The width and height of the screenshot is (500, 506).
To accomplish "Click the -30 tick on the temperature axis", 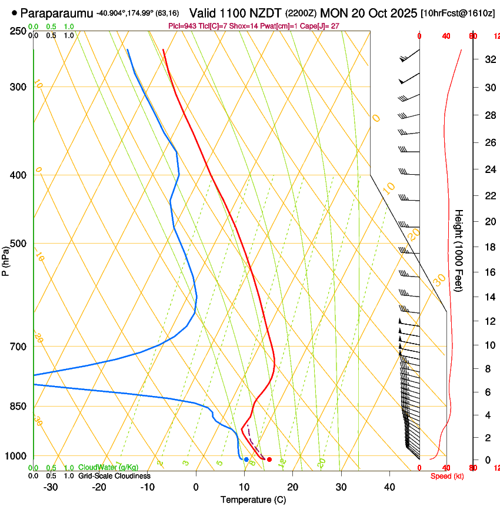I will [x=51, y=487].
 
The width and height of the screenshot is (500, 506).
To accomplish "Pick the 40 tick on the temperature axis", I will [x=389, y=487].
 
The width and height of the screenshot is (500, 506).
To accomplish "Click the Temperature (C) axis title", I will [x=253, y=500].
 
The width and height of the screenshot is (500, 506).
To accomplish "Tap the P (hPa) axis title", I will [x=5, y=261].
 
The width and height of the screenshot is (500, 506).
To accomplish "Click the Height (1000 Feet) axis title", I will [x=459, y=250].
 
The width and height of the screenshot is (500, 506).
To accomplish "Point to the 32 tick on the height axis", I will [x=489, y=59].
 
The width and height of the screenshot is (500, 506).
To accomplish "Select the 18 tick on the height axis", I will [x=489, y=247].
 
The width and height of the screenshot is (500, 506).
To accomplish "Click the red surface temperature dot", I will [x=269, y=460].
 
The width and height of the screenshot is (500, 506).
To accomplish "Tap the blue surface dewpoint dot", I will [x=246, y=459].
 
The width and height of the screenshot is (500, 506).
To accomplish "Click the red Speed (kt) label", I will [x=447, y=476].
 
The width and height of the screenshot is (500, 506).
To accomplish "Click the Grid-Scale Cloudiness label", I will [x=114, y=476].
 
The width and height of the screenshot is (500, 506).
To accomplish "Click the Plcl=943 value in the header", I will [x=183, y=26].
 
